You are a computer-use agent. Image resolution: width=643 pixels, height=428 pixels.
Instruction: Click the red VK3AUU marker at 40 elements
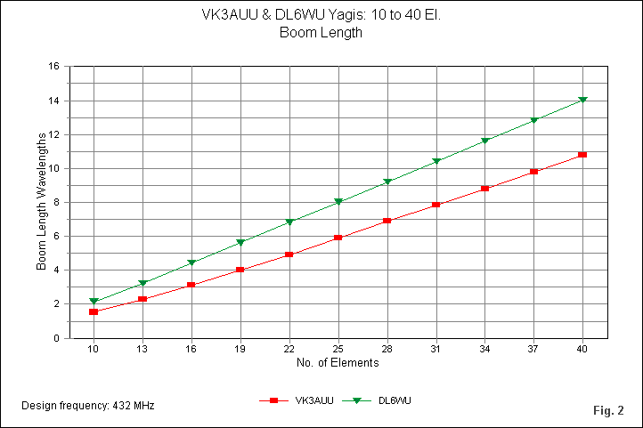pos(582,155)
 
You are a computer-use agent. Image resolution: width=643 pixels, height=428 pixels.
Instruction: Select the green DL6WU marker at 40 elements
pos(582,100)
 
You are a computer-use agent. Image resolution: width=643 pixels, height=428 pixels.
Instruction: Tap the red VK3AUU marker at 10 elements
pos(94,312)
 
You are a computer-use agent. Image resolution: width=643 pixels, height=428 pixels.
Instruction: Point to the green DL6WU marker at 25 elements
pos(338,202)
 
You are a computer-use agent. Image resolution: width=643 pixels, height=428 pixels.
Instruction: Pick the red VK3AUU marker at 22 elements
pos(289,254)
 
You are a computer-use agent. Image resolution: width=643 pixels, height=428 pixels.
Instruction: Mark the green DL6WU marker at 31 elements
pos(436,161)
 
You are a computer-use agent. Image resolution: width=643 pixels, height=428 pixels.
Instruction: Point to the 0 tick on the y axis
pos(57,338)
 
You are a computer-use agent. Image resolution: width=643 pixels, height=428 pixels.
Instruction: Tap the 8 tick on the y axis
pos(57,203)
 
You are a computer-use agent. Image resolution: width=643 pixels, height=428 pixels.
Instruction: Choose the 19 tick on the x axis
pos(240,349)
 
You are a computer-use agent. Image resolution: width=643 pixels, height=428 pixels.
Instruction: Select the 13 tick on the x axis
pos(142,349)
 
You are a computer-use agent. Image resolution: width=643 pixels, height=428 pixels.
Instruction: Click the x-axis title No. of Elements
pos(338,363)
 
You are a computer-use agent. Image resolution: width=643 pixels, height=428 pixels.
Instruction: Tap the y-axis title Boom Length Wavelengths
pos(42,202)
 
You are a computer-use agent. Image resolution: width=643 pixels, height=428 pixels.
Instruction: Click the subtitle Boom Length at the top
pos(321,33)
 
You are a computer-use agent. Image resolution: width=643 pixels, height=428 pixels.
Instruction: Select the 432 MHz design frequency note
pos(87,406)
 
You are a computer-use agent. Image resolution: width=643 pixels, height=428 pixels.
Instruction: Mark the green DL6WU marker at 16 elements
pos(191,262)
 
